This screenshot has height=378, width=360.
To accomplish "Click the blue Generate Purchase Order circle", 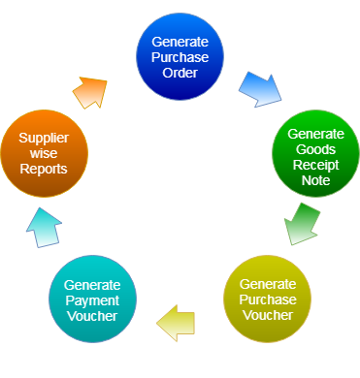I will [x=180, y=56].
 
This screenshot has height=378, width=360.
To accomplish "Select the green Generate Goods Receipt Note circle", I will [x=315, y=153].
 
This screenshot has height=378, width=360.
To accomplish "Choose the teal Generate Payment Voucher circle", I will [x=92, y=299].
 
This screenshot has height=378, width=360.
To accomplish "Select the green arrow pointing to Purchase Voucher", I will [x=302, y=223].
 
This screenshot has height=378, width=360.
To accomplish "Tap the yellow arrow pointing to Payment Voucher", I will [x=177, y=322].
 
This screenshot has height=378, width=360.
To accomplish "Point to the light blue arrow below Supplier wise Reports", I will [x=44, y=229].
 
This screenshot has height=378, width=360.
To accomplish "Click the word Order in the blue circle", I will [x=180, y=72].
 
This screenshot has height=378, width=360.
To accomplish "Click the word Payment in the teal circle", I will [x=92, y=299].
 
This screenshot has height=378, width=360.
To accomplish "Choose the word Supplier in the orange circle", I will [x=44, y=139].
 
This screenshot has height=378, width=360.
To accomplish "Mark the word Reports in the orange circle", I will [x=44, y=169].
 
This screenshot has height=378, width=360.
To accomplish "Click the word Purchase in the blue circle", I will [x=180, y=57].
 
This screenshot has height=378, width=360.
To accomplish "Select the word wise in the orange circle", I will [x=44, y=154].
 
